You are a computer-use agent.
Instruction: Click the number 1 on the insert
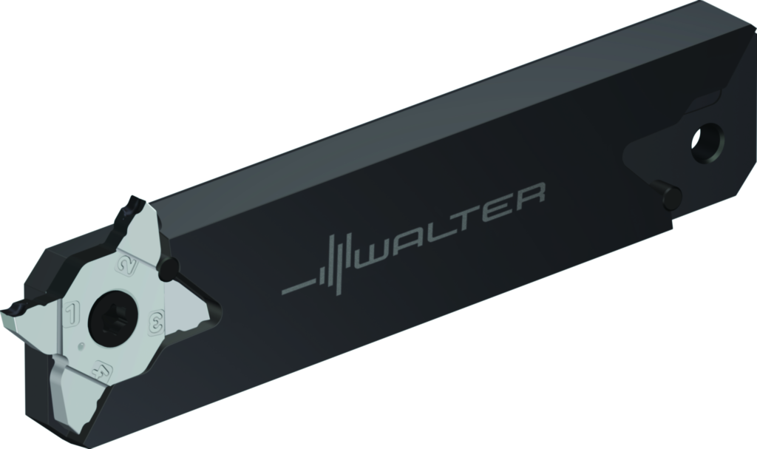click(x=72, y=312)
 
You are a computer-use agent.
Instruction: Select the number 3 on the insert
click(x=156, y=322)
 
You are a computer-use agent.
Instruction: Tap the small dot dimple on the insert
click(x=81, y=346)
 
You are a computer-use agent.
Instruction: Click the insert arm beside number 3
click(x=189, y=305)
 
